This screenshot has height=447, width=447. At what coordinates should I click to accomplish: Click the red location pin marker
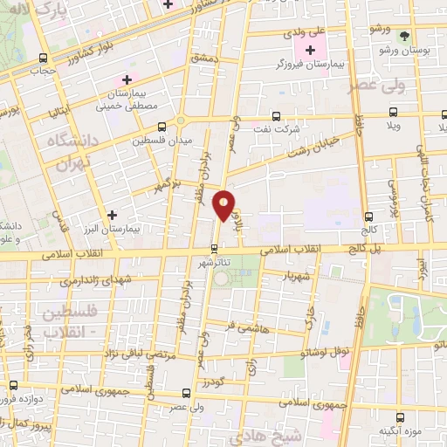pos(225,205)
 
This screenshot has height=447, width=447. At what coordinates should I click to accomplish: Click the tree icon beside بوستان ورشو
pos(403,36)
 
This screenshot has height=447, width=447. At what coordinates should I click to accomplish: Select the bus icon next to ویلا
pos(394,113)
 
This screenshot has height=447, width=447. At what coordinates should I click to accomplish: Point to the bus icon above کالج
pos(369,216)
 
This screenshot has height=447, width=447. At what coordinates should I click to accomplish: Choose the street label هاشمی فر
pos(244,326)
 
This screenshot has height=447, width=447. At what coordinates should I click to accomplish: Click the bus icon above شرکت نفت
pos(276,116)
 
